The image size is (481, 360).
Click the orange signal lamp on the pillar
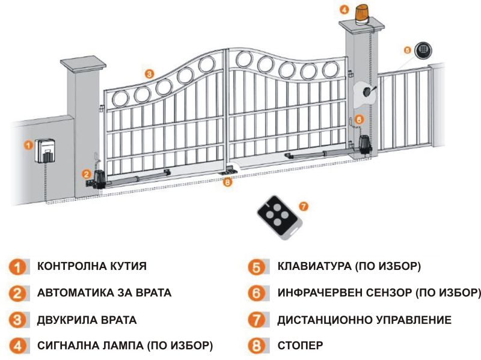[x=363, y=13]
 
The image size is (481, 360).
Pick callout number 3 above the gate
[x=150, y=73]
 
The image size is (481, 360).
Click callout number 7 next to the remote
[x=304, y=206]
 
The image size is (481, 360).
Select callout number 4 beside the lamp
[x=343, y=10]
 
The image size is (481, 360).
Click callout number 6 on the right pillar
[x=359, y=120]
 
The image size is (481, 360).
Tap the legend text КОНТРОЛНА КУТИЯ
[x=91, y=266]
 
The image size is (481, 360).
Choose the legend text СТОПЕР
[x=300, y=346]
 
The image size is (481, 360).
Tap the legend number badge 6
[x=257, y=293]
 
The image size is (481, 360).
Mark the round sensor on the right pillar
[x=366, y=91]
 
